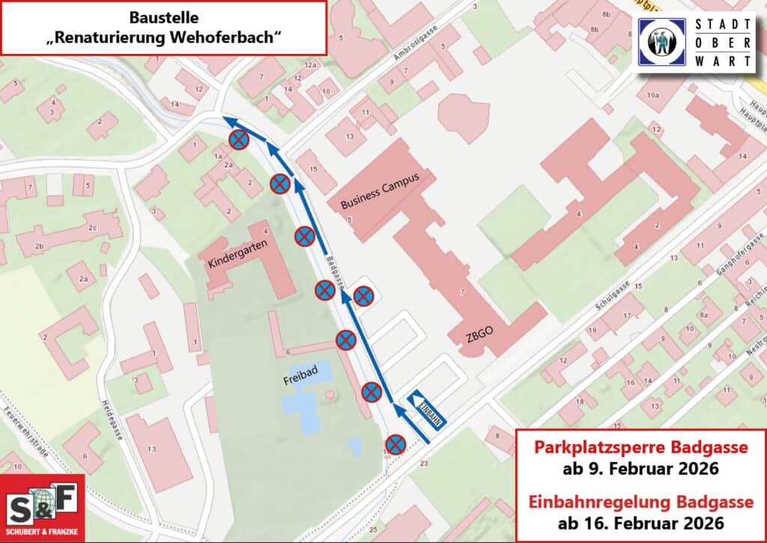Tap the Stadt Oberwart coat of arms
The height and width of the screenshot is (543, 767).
pos(663,42)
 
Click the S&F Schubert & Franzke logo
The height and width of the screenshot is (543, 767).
pos(42,508)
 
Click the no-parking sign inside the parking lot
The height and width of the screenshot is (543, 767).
pos(364,295)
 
